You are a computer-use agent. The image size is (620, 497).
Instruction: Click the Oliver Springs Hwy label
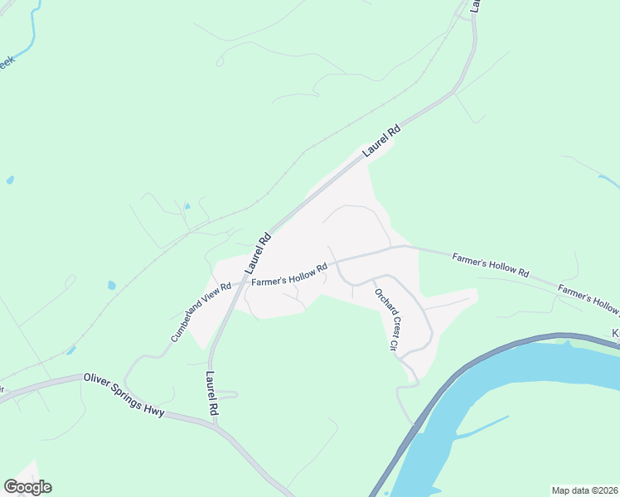tap(124, 394)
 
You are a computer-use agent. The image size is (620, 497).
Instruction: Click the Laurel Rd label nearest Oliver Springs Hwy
tap(211, 393)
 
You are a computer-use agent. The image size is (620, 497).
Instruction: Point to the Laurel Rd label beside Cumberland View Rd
tap(258, 252)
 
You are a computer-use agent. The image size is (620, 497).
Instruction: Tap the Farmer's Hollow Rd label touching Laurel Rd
tap(290, 275)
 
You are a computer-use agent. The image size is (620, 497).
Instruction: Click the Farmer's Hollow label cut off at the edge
tap(589, 300)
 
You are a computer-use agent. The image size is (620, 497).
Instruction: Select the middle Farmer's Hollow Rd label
tap(491, 264)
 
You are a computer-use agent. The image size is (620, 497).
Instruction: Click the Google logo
tap(27, 487)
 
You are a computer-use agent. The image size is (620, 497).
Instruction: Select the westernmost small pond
tap(9, 179)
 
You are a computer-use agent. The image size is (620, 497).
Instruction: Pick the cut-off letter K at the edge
tap(616, 332)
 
